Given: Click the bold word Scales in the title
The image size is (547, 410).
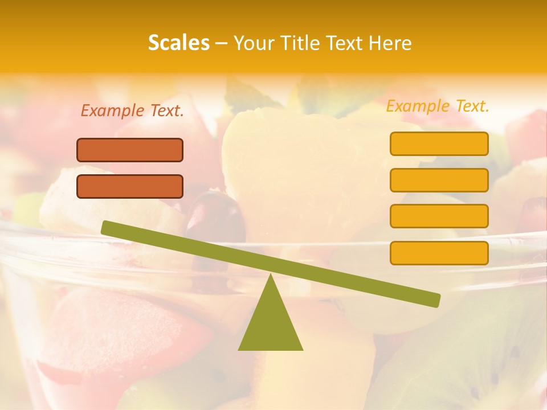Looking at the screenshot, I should click(178, 43).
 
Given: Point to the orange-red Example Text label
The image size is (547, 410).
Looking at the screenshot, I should click(132, 111).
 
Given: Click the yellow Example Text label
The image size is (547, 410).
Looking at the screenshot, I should click(438, 106).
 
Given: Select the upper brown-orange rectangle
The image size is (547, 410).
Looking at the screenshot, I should click(130, 150).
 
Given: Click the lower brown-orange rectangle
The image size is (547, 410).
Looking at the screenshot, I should click(130, 186).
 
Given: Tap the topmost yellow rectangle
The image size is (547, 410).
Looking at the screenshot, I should click(439, 143).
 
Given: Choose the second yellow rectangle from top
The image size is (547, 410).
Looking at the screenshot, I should click(439, 180).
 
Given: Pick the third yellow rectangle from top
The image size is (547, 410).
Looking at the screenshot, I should click(439, 216).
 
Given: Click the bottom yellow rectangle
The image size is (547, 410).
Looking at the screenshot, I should click(439, 253).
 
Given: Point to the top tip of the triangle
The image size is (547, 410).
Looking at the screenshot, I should click(271, 276).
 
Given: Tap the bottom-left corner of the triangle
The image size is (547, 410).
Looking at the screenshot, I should click(239, 349).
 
